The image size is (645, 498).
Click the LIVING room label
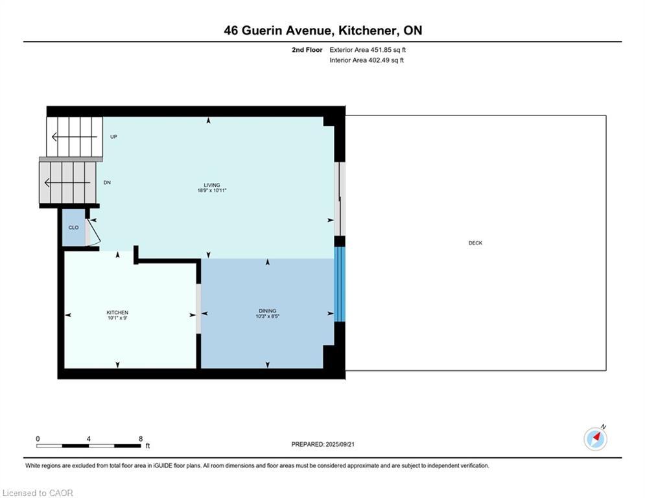[x=212, y=185]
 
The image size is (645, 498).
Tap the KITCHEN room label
[x=117, y=313]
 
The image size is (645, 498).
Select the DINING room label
[x=267, y=311]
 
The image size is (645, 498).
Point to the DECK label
[x=475, y=243]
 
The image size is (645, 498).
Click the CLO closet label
[x=73, y=228]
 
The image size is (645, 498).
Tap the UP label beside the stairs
[x=113, y=137]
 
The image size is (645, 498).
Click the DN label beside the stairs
[x=107, y=183]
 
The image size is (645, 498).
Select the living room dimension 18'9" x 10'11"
[x=212, y=191]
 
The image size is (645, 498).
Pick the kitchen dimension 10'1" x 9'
[x=117, y=318]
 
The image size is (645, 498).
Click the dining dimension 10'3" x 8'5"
[x=267, y=316]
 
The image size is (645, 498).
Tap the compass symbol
[x=595, y=439]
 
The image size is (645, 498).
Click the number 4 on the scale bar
[x=88, y=439]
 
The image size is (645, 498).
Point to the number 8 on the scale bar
[x=141, y=439]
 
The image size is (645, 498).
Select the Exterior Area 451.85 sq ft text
[x=368, y=50]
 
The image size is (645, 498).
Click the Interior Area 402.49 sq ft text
[x=366, y=60]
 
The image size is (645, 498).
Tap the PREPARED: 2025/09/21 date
[x=323, y=444]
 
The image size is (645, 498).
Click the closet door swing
[x=93, y=233]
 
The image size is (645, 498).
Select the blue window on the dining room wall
[x=340, y=284]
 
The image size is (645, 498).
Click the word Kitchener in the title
[x=369, y=31]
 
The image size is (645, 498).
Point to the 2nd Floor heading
[x=307, y=50]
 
